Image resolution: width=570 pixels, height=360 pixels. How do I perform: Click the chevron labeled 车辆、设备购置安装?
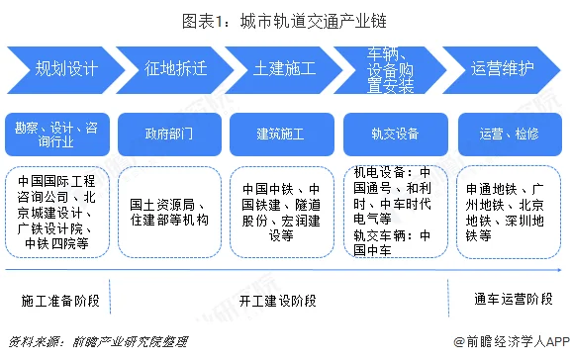[x=393, y=69]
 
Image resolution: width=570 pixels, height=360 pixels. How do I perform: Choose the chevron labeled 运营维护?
[x=502, y=69]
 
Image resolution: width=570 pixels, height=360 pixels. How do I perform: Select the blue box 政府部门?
[x=168, y=131]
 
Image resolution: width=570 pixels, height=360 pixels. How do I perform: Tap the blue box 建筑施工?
[x=281, y=131]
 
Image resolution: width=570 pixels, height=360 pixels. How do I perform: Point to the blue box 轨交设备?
[x=393, y=131]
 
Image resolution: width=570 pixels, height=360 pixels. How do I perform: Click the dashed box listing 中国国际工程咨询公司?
[x=56, y=211]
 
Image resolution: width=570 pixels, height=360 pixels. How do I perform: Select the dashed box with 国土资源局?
[x=168, y=211]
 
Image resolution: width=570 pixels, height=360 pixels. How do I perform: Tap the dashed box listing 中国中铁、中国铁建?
[x=281, y=211]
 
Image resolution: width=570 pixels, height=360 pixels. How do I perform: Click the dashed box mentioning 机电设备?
[x=393, y=211]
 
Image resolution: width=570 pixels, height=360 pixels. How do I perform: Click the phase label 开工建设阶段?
[x=280, y=298]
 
